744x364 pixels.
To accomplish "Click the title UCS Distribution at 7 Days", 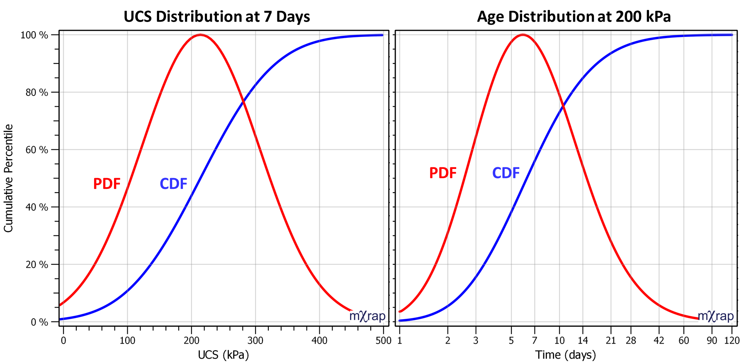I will point(216,17).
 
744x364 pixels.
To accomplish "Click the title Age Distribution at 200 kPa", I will point(574,17).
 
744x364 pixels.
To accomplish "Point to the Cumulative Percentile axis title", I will point(8,178).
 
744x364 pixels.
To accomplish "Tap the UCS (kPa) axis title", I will point(223,355).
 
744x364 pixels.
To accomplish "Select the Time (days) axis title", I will point(565,355).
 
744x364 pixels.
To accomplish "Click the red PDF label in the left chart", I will point(107,184).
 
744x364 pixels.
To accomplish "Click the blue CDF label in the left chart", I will point(173,184).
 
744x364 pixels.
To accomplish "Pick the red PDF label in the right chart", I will point(443,173).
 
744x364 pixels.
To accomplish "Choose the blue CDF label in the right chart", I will point(506,173).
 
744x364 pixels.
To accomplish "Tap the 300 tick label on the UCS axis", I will point(255,341).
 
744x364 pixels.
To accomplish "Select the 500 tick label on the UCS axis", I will point(383,341).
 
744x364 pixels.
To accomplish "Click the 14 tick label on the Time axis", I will point(583,341).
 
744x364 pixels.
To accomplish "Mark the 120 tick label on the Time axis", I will point(732,341).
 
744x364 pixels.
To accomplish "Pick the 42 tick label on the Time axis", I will point(659,341).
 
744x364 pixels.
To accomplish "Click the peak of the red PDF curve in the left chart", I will point(201,35).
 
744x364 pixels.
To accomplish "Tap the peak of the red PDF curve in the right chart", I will point(523,35).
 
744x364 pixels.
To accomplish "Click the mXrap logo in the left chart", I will point(367,316).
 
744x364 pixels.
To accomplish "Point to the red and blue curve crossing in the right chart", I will point(563,107).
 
